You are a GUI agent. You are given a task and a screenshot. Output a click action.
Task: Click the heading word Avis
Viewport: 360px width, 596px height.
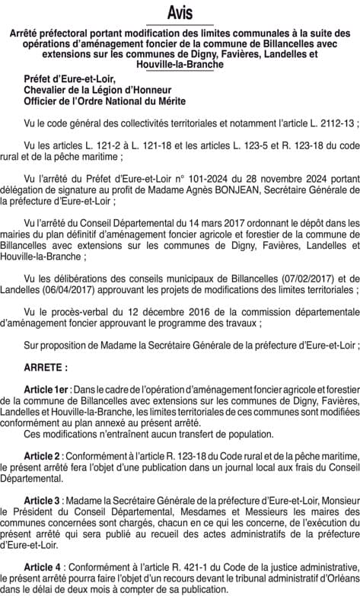click(x=180, y=14)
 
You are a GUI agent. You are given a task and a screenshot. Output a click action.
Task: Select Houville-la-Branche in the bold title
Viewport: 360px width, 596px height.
click(x=180, y=65)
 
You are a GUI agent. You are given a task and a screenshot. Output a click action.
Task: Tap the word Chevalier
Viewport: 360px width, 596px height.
click(x=49, y=89)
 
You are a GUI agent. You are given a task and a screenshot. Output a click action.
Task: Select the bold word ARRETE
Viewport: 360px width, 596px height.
click(x=45, y=367)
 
